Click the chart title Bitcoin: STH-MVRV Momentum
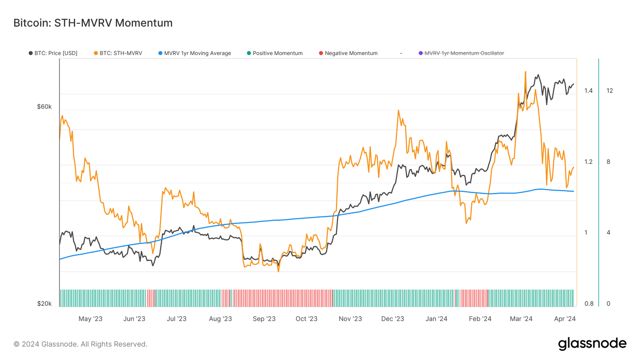pyautogui.click(x=92, y=23)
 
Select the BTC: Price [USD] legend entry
pyautogui.click(x=53, y=53)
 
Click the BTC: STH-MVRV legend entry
pyautogui.click(x=118, y=53)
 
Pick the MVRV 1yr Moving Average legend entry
pyautogui.click(x=195, y=53)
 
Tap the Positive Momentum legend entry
pyautogui.click(x=275, y=53)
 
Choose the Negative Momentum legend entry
pyautogui.click(x=348, y=53)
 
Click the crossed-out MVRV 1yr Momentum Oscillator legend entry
pyautogui.click(x=461, y=53)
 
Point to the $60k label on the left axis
pyautogui.click(x=44, y=107)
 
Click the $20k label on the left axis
pyautogui.click(x=44, y=304)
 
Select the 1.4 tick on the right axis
pyautogui.click(x=588, y=91)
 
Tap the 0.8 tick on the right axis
pyautogui.click(x=588, y=304)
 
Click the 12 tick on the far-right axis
pyautogui.click(x=610, y=91)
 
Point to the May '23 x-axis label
pyautogui.click(x=90, y=319)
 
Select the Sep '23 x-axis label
pyautogui.click(x=264, y=319)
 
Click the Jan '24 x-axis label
pyautogui.click(x=436, y=319)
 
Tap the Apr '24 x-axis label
pyautogui.click(x=565, y=319)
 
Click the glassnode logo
pyautogui.click(x=592, y=343)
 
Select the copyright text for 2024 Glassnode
pyautogui.click(x=80, y=344)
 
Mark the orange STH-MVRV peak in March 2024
pyautogui.click(x=525, y=72)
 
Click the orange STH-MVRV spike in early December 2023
pyautogui.click(x=398, y=110)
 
